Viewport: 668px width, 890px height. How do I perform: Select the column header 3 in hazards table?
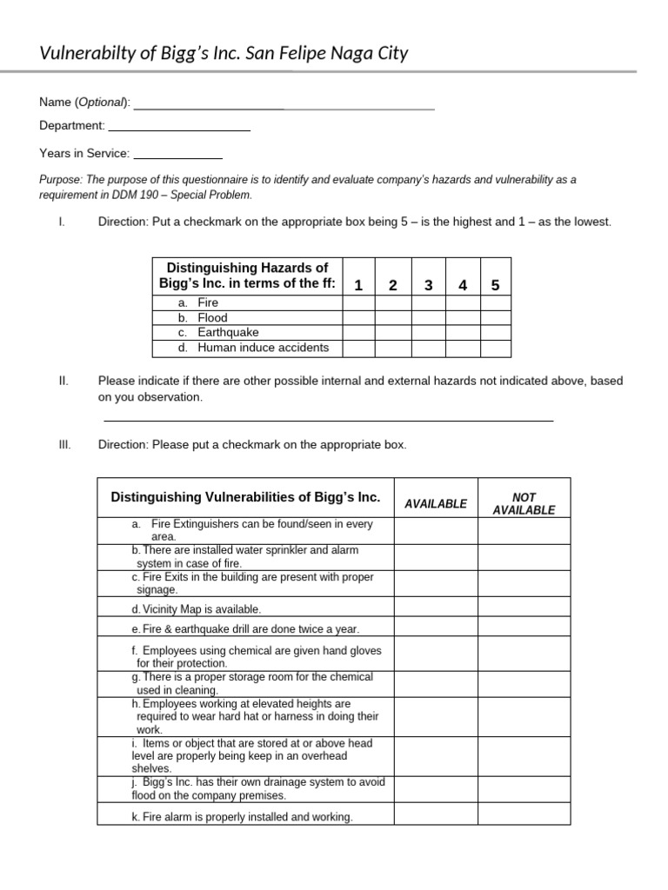(x=428, y=285)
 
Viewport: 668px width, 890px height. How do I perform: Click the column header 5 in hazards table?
(x=496, y=285)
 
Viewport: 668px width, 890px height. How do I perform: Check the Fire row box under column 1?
(x=358, y=302)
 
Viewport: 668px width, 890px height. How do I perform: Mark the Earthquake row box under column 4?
(x=463, y=333)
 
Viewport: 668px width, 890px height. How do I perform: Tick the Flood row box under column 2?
(x=393, y=318)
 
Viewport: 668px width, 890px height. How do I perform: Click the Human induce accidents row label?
(x=263, y=348)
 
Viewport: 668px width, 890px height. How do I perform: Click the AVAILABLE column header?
(x=436, y=503)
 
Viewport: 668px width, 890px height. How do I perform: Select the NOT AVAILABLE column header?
(x=524, y=503)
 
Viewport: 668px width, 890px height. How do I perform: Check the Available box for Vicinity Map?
(x=436, y=608)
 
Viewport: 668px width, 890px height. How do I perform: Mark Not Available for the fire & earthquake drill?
(x=524, y=628)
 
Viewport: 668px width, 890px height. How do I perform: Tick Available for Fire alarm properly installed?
(x=436, y=815)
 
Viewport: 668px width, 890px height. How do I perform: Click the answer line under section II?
(x=329, y=420)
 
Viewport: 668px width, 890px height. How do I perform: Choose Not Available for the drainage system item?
(x=524, y=789)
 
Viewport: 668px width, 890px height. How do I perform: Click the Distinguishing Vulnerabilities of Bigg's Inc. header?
(x=246, y=497)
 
